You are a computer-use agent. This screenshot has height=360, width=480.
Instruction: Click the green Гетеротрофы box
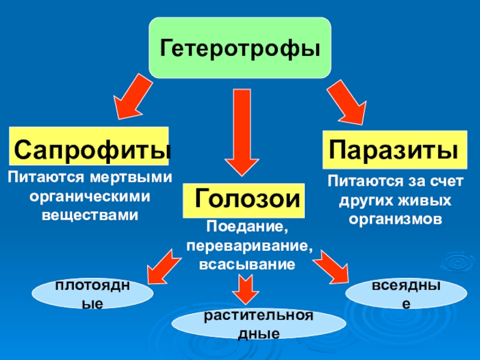(239, 47)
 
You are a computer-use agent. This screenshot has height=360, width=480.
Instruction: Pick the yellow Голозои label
(244, 200)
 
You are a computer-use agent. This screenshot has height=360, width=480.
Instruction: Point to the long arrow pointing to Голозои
(241, 133)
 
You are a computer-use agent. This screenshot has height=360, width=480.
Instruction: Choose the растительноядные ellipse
(259, 324)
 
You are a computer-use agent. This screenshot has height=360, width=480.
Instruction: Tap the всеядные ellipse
(406, 294)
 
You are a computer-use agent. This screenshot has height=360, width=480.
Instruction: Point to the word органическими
(89, 196)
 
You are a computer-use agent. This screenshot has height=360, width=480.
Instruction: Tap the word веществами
(89, 214)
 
